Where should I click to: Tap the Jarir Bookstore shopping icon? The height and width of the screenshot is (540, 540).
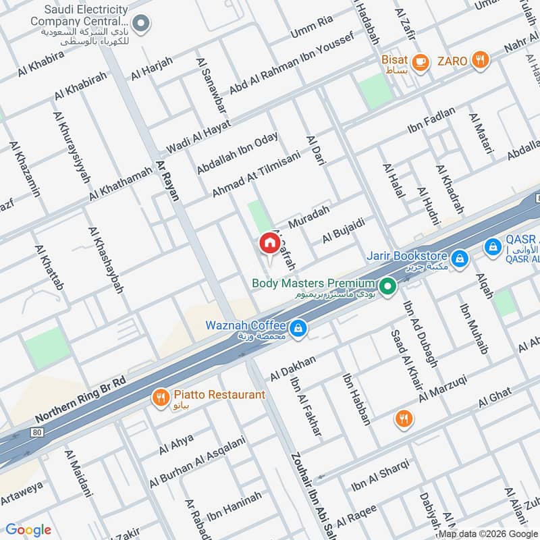tap(459, 257)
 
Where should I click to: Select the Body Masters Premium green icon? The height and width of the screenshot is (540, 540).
tap(387, 288)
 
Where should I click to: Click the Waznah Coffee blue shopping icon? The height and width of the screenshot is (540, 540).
tap(299, 329)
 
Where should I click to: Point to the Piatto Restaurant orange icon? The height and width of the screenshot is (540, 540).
tap(160, 398)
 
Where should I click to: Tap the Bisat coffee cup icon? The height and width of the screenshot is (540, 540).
tap(421, 61)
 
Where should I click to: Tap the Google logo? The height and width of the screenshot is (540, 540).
tap(28, 530)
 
